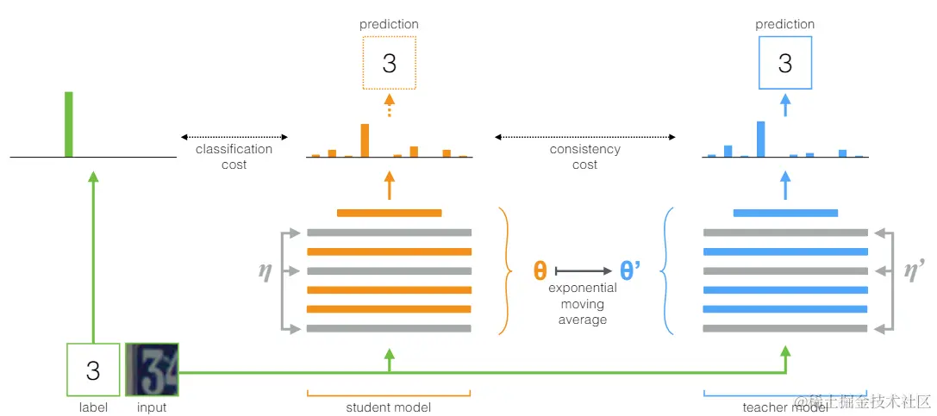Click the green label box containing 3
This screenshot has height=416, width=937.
point(92,370)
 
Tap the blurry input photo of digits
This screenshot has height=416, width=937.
point(152,370)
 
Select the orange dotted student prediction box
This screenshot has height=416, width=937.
point(389,63)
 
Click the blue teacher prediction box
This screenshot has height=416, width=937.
point(784,63)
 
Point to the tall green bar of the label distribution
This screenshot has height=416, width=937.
point(69,125)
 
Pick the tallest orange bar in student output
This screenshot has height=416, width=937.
point(365,140)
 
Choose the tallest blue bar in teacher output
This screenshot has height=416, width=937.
point(760,140)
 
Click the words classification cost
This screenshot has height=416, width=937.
point(234,157)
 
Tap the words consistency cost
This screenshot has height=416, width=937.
point(584,157)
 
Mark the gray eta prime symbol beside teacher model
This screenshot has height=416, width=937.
point(915,271)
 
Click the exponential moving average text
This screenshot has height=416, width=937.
point(583,304)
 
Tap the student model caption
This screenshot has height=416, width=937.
point(389,407)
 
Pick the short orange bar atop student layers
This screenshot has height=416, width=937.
point(389,213)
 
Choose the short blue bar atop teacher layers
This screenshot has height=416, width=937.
point(784,213)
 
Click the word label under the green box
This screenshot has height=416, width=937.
point(92,407)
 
